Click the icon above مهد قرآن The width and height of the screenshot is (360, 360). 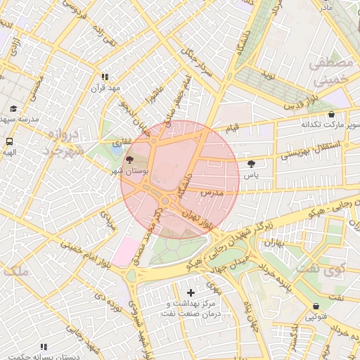(105, 77)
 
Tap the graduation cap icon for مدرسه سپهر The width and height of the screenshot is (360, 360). (14, 108)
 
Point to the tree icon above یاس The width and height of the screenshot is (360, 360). (251, 164)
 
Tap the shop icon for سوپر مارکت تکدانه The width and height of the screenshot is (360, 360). (331, 114)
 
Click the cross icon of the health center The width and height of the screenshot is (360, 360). (191, 292)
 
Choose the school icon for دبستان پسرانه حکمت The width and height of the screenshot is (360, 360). (44, 347)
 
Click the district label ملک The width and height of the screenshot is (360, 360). (15, 270)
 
